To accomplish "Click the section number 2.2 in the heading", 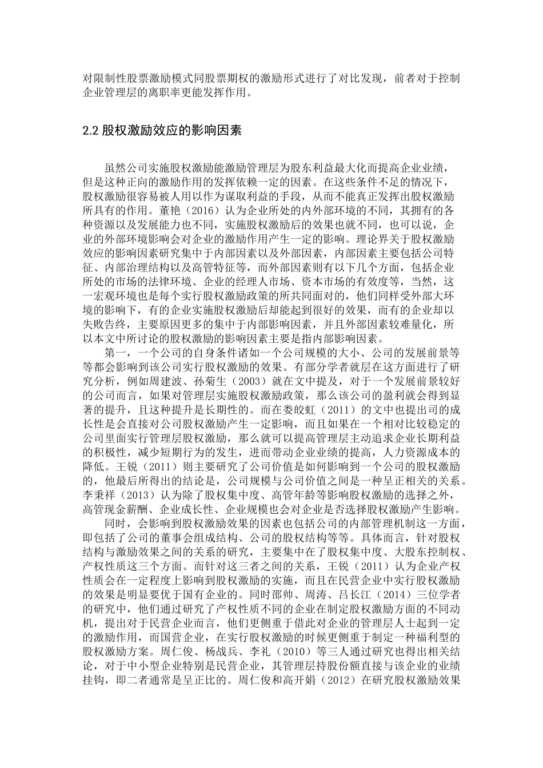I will coord(91,131).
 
